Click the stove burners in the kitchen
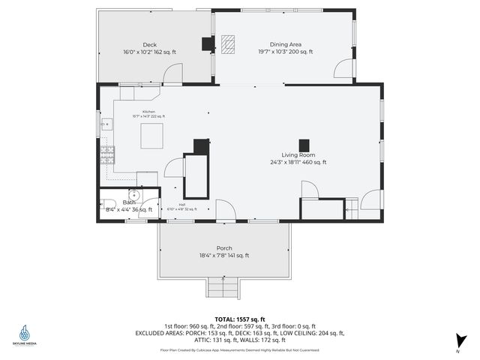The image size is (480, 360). pos(108,155)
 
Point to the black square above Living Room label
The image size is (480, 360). pos(304,145)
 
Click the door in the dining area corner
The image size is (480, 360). pos(344,70)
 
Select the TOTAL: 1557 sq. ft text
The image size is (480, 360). pos(239,319)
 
